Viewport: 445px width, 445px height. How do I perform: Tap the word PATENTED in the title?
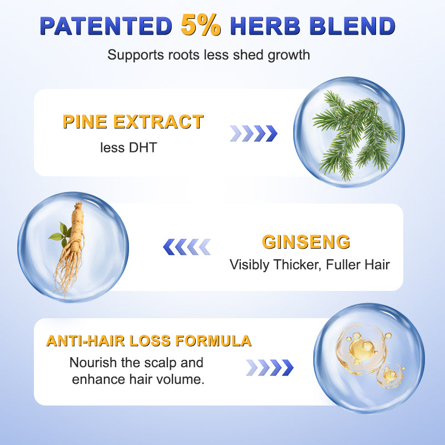pyautogui.click(x=106, y=26)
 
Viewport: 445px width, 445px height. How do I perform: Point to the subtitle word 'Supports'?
pyautogui.click(x=131, y=55)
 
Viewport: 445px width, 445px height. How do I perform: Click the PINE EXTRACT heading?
pyautogui.click(x=133, y=122)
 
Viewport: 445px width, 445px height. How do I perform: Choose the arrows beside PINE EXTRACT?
pyautogui.click(x=254, y=133)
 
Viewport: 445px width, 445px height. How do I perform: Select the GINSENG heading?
pyautogui.click(x=306, y=242)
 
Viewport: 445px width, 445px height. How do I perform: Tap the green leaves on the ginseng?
pyautogui.click(x=59, y=234)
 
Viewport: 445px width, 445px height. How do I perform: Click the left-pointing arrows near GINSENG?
pyautogui.click(x=187, y=246)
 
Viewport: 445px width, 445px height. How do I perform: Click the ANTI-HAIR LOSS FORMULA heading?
pyautogui.click(x=149, y=341)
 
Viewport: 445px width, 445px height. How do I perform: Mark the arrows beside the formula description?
pyautogui.click(x=269, y=367)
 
